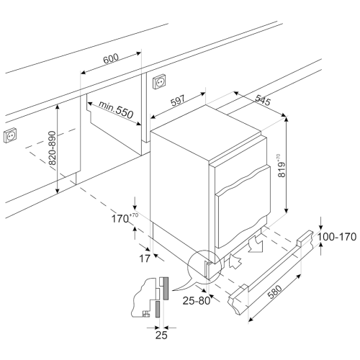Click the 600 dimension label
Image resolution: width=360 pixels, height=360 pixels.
111,58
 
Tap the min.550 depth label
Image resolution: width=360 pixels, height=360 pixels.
116,109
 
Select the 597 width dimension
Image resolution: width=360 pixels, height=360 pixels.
178,101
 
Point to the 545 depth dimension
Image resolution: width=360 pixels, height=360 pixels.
263,100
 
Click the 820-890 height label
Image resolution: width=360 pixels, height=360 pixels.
52,148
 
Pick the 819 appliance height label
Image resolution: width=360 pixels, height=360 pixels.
282,167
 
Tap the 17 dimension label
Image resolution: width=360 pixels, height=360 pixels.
145,258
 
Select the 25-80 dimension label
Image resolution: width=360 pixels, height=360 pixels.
197,300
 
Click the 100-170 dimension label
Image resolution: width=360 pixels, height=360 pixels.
337,237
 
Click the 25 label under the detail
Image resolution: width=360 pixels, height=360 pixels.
161,335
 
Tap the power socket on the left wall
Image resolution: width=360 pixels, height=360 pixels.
10,135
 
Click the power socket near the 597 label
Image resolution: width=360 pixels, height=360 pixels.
159,81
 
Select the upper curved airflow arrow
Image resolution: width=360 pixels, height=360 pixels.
256,243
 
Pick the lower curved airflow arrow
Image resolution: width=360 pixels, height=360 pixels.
235,261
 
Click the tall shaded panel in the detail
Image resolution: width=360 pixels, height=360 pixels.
166,288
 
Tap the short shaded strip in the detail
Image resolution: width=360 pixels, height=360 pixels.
158,309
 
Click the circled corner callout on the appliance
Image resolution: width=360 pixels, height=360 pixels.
204,266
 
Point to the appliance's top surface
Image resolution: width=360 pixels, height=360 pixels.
206,132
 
